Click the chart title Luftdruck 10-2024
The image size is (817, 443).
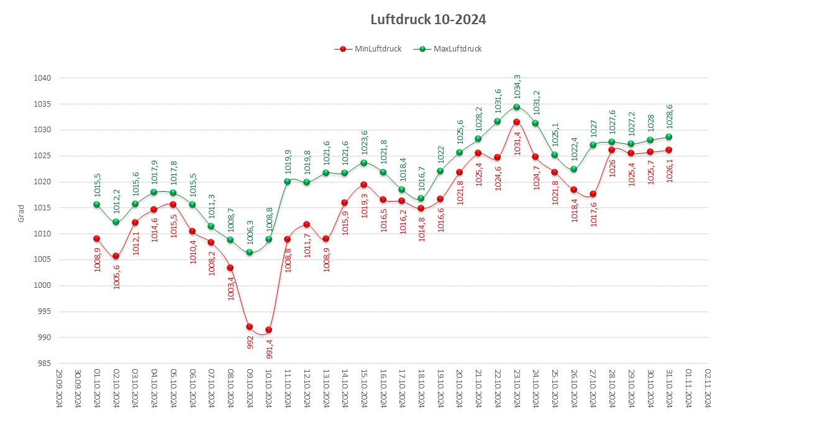[x=427, y=20]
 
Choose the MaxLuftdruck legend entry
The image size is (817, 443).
[x=450, y=49]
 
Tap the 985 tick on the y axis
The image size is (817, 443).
[x=46, y=364]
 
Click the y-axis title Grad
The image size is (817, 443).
[x=21, y=213]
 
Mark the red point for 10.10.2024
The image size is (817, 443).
[x=268, y=329]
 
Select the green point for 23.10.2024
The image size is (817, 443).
[x=516, y=107]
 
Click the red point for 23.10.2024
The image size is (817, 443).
[x=516, y=122]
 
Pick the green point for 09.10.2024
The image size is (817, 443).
[x=249, y=252]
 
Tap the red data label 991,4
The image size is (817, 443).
[x=269, y=348]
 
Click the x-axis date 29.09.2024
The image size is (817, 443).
[x=58, y=388]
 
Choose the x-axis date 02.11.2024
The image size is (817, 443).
[x=707, y=388]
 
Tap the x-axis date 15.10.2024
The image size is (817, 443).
[x=363, y=388]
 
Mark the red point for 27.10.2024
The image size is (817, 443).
[x=593, y=194]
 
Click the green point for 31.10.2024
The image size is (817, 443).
[x=669, y=136]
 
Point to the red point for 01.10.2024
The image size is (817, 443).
[x=96, y=238]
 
